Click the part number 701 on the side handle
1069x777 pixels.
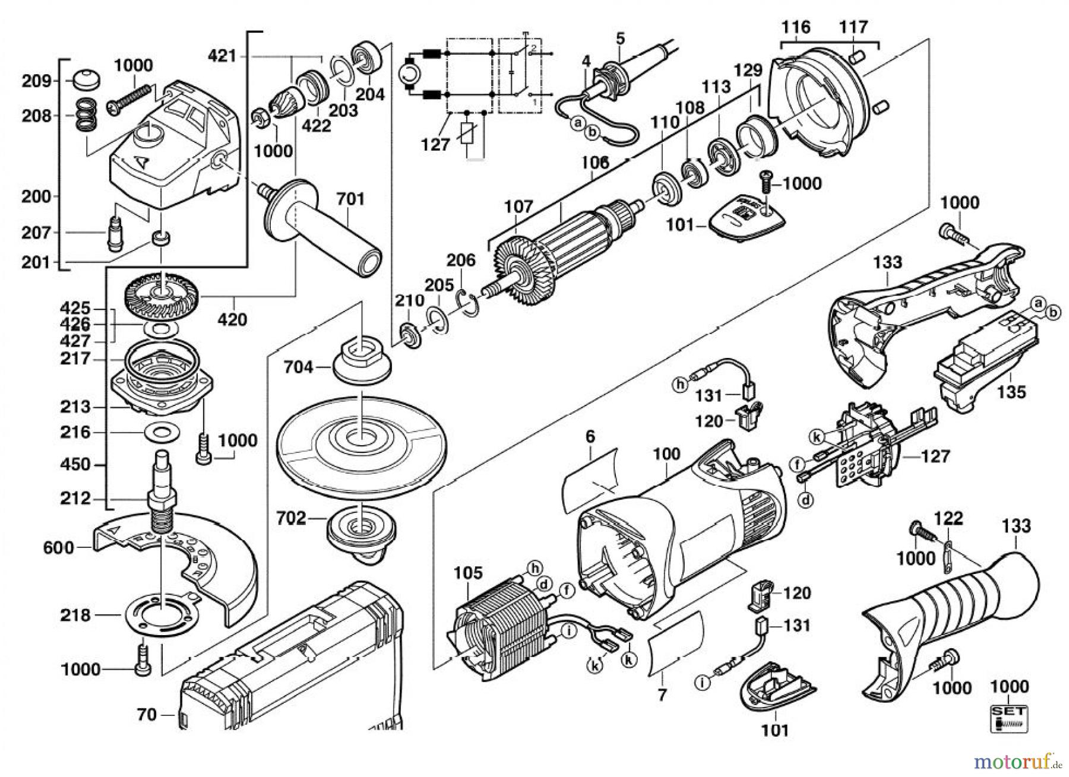[350, 199]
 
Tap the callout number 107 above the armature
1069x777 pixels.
[519, 208]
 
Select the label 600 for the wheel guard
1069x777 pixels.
[59, 547]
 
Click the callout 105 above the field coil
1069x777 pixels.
[469, 573]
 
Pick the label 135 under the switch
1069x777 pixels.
[1011, 392]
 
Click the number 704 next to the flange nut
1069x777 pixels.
[298, 368]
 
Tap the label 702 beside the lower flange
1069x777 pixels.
[292, 519]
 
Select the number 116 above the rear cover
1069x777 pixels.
[796, 27]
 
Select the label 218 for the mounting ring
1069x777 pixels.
[75, 615]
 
